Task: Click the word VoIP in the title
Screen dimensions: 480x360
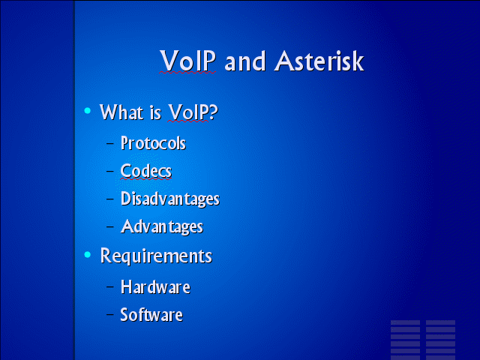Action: (187, 61)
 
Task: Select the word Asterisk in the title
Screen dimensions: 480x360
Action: (319, 61)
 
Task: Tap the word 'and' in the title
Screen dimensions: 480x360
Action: (245, 61)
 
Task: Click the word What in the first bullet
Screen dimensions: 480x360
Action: (121, 112)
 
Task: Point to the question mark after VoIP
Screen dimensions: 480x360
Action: (214, 112)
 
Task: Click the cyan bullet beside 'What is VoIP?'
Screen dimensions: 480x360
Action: (88, 110)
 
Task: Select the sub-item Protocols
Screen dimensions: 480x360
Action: (153, 143)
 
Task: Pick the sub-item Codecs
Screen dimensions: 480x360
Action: (146, 170)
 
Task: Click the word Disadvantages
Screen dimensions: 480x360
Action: (170, 199)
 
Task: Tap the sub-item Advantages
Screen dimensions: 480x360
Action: (162, 226)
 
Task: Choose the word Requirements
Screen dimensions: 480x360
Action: (156, 256)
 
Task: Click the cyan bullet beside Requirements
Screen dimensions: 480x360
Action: (88, 254)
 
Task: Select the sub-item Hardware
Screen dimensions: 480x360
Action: (155, 286)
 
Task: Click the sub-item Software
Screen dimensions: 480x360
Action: (151, 315)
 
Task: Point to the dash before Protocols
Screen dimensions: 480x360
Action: (110, 142)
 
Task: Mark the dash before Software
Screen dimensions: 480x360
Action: (110, 314)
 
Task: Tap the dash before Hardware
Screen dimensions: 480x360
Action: (110, 286)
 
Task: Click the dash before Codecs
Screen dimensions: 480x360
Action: (110, 170)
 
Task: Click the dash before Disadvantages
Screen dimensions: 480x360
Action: (110, 198)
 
